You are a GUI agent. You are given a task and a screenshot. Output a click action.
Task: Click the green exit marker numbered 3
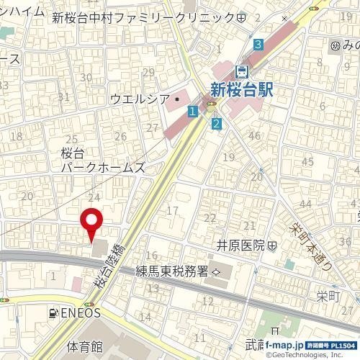pos(258,45)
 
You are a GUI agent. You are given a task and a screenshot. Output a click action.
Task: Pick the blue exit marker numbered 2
pos(215,124)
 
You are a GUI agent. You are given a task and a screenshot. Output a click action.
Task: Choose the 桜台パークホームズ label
pos(101,161)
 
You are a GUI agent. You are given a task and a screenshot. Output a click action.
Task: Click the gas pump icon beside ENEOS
pos(53,313)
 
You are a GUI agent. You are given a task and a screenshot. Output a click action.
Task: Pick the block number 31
pos(63,97)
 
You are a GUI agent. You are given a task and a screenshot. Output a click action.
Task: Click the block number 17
pos(172,210)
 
